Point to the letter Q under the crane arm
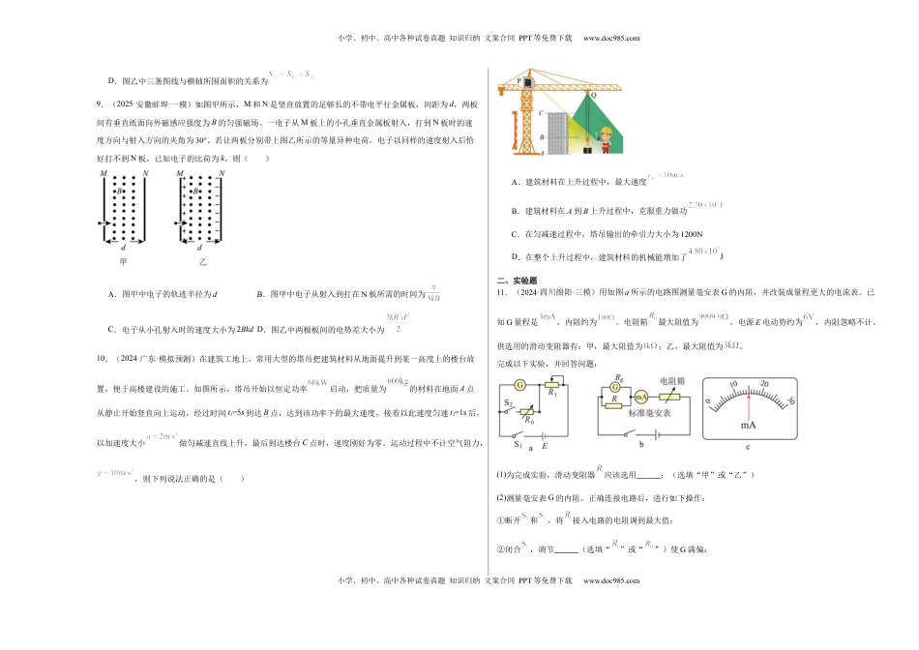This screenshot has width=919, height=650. tap(593, 95)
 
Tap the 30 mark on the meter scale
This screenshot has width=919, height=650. tap(790, 399)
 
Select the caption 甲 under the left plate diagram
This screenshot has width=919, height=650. tap(122, 261)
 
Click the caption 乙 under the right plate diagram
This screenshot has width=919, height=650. tap(203, 261)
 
